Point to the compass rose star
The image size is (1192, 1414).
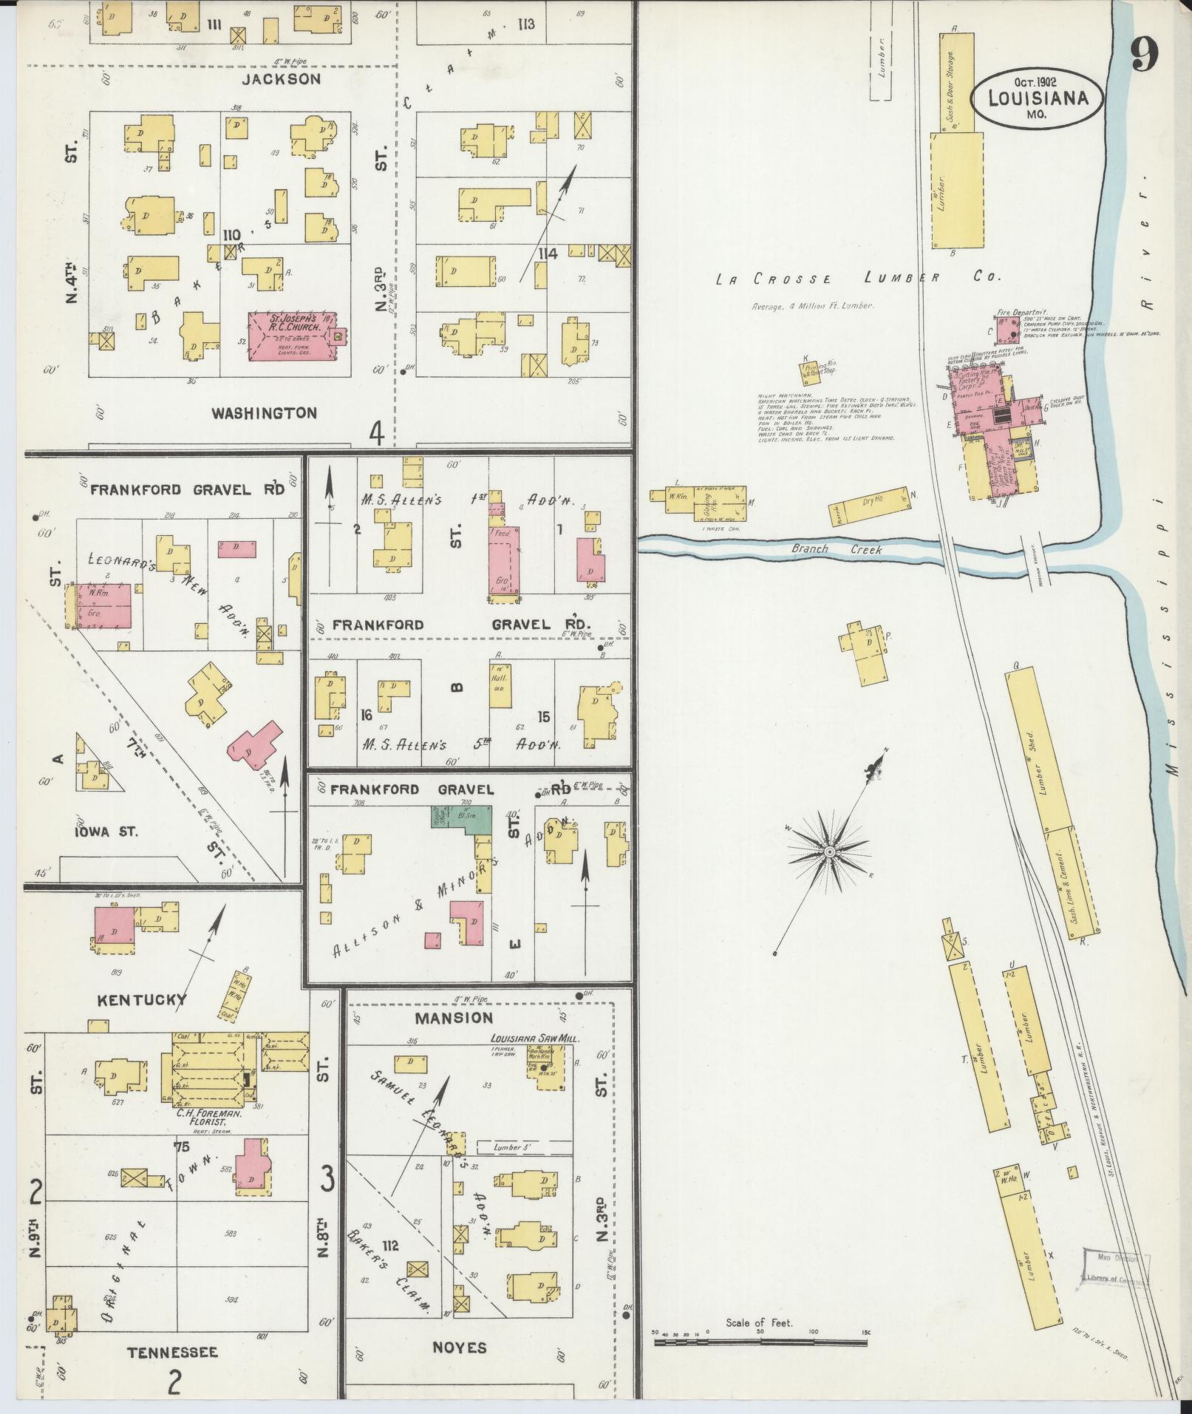pyautogui.click(x=829, y=852)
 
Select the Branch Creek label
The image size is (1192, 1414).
pyautogui.click(x=837, y=550)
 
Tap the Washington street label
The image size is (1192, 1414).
pyautogui.click(x=264, y=412)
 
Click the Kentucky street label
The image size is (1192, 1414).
pyautogui.click(x=142, y=1000)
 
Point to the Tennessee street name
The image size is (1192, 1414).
pyautogui.click(x=173, y=1353)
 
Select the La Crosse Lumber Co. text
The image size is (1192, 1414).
pyautogui.click(x=857, y=279)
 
